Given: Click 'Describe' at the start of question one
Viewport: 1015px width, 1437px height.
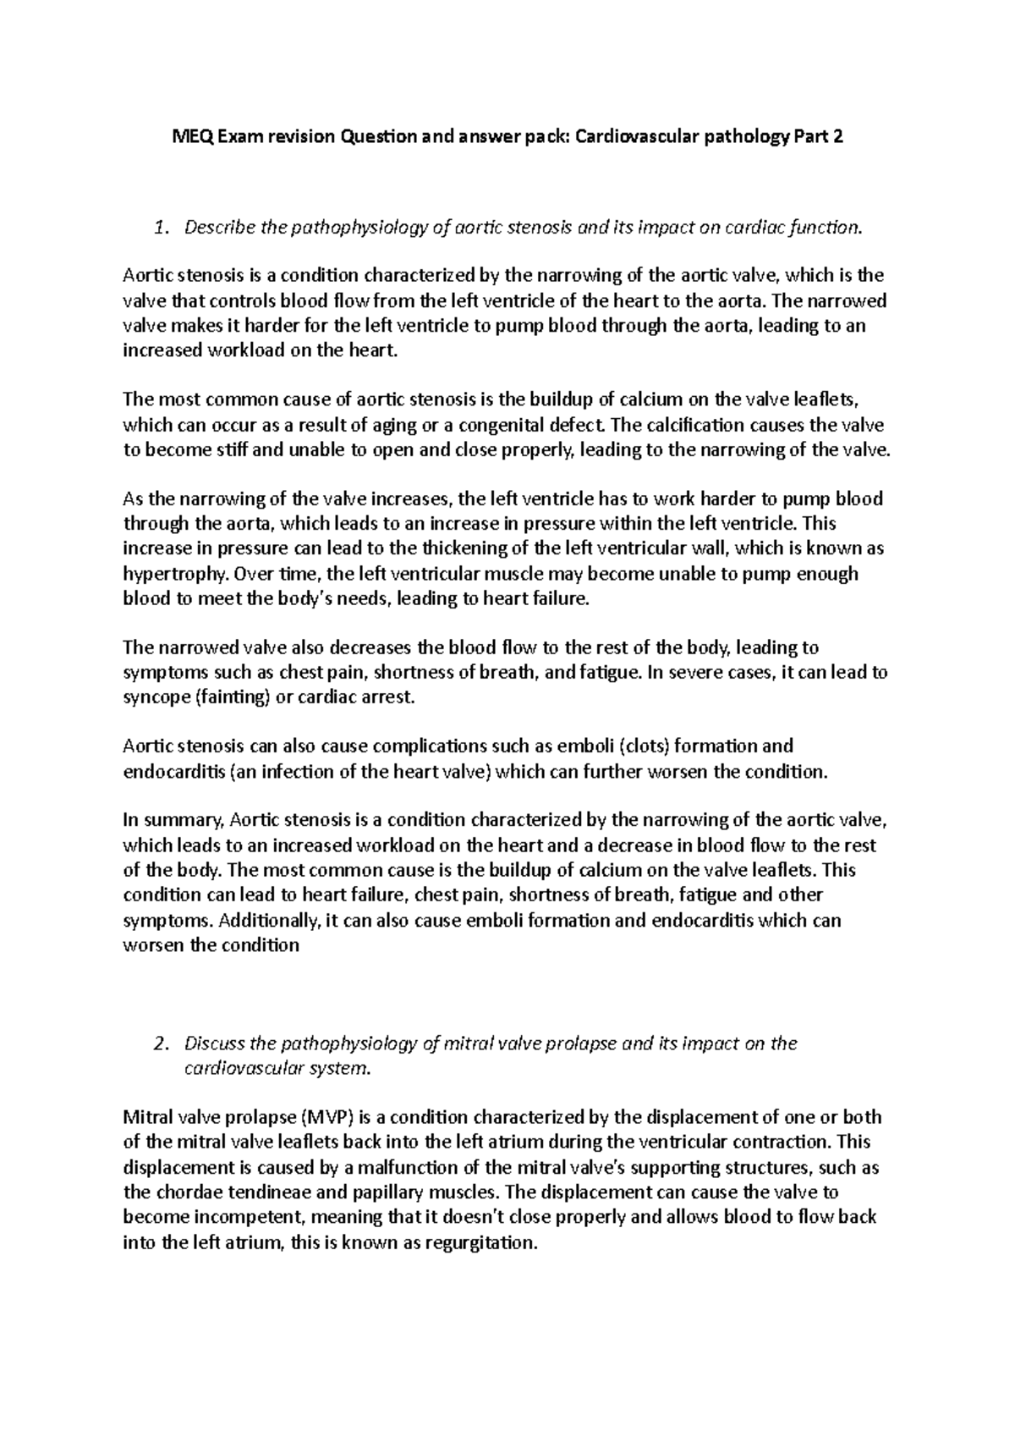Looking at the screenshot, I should (x=219, y=227).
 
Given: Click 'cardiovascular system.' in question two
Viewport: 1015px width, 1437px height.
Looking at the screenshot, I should (x=277, y=1068).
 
